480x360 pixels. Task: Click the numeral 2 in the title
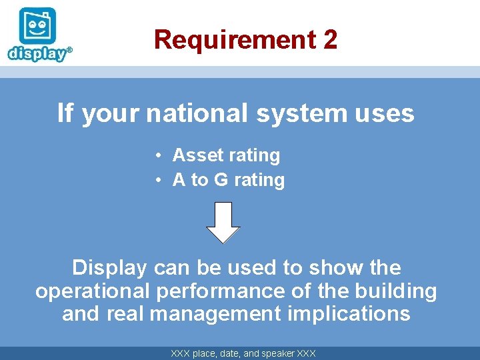[330, 39]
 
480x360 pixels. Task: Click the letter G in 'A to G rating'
[221, 180]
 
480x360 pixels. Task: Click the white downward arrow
[223, 222]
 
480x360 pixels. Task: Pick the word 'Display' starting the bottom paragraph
[109, 268]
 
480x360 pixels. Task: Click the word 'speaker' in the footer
[276, 353]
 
